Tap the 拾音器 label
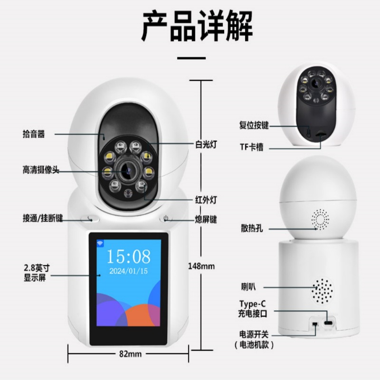34,134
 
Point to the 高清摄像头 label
41,170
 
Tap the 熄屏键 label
206,219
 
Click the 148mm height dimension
201,266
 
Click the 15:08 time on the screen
128,256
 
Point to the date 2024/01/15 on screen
128,272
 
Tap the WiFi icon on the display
101,243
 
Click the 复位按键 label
254,125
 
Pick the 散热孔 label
252,229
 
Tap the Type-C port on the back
329,323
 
